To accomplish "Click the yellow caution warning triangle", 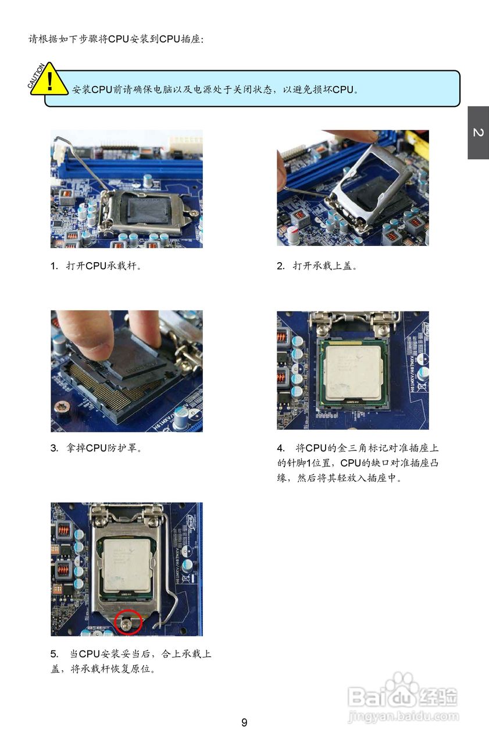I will [x=49, y=80].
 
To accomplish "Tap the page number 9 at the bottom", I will [x=244, y=722].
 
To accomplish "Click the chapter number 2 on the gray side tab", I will [x=478, y=133].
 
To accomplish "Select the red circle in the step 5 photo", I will [x=129, y=623].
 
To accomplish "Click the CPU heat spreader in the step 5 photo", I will [x=129, y=561].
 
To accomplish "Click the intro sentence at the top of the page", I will [x=116, y=40].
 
